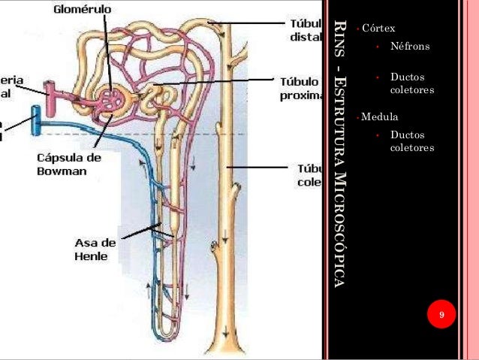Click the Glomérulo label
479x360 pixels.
[82, 9]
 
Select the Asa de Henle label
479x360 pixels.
[95, 249]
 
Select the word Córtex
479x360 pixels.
[378, 29]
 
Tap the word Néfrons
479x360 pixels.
[410, 46]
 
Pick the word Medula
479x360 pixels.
[380, 117]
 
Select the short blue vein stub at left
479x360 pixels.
[35, 119]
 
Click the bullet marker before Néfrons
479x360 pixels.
[379, 47]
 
